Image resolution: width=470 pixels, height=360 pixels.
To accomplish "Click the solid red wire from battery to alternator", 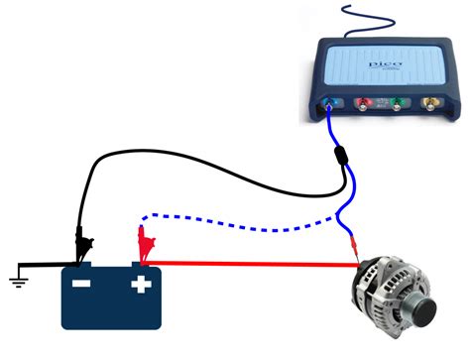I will (248, 264).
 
